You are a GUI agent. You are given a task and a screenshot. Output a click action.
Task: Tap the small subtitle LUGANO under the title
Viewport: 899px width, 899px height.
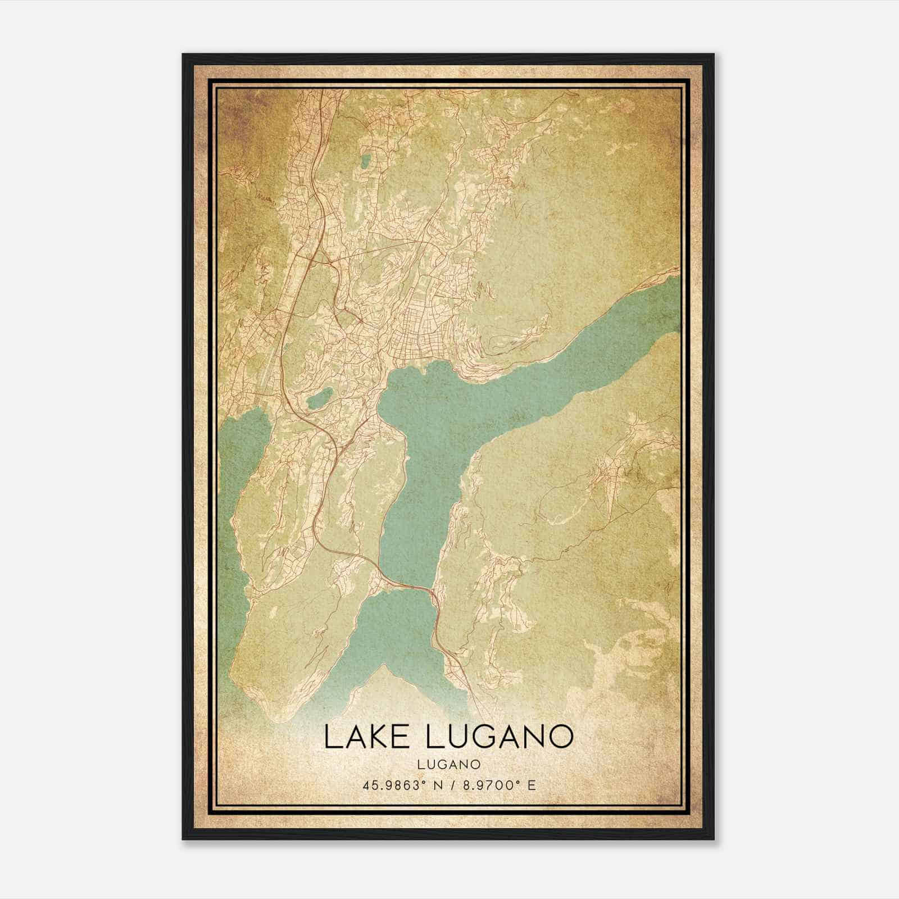point(449,764)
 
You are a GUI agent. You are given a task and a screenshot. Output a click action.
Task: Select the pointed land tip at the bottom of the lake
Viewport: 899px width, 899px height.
point(384,668)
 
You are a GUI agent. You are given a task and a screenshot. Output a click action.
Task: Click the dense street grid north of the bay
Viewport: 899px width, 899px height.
point(427,315)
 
